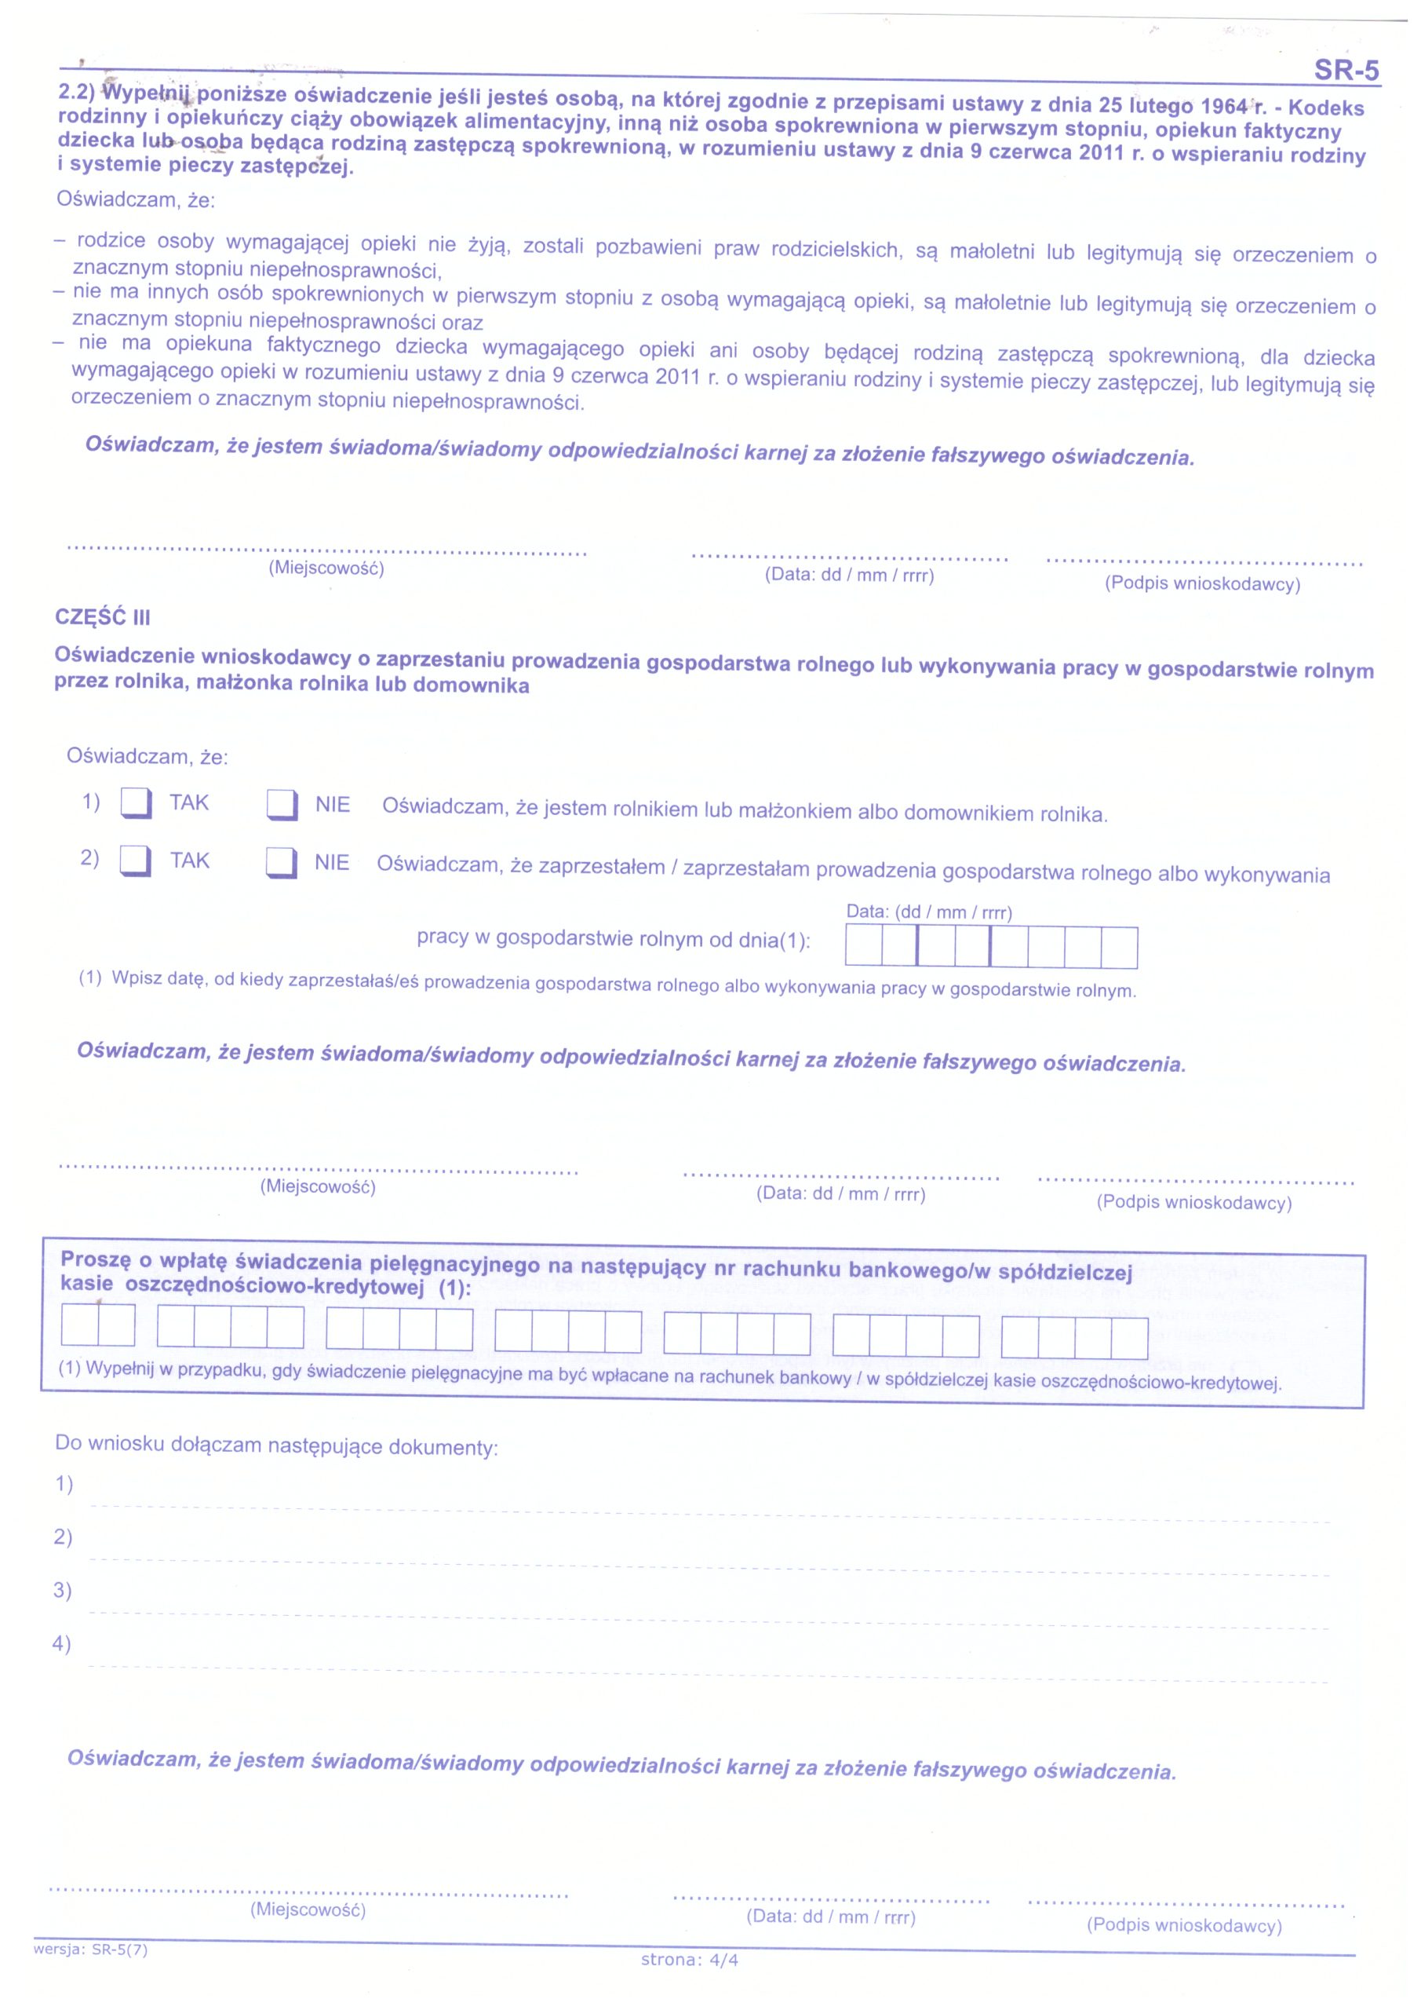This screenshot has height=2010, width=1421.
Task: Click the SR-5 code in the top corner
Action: [1346, 70]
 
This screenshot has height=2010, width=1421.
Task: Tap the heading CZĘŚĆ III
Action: [102, 617]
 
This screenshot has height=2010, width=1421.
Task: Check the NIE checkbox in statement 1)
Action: [282, 805]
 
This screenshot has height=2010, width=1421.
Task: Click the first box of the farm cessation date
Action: [864, 946]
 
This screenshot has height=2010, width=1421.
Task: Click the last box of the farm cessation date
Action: [1119, 948]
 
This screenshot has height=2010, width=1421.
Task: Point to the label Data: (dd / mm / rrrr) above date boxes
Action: [928, 912]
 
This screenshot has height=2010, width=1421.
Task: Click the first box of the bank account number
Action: [79, 1325]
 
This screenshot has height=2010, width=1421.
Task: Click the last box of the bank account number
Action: [1129, 1338]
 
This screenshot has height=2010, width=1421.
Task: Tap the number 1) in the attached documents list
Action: [64, 1484]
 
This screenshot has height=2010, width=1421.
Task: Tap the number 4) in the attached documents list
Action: [61, 1643]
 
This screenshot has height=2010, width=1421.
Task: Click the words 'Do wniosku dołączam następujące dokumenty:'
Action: [276, 1445]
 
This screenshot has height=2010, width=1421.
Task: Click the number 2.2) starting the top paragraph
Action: [77, 91]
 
